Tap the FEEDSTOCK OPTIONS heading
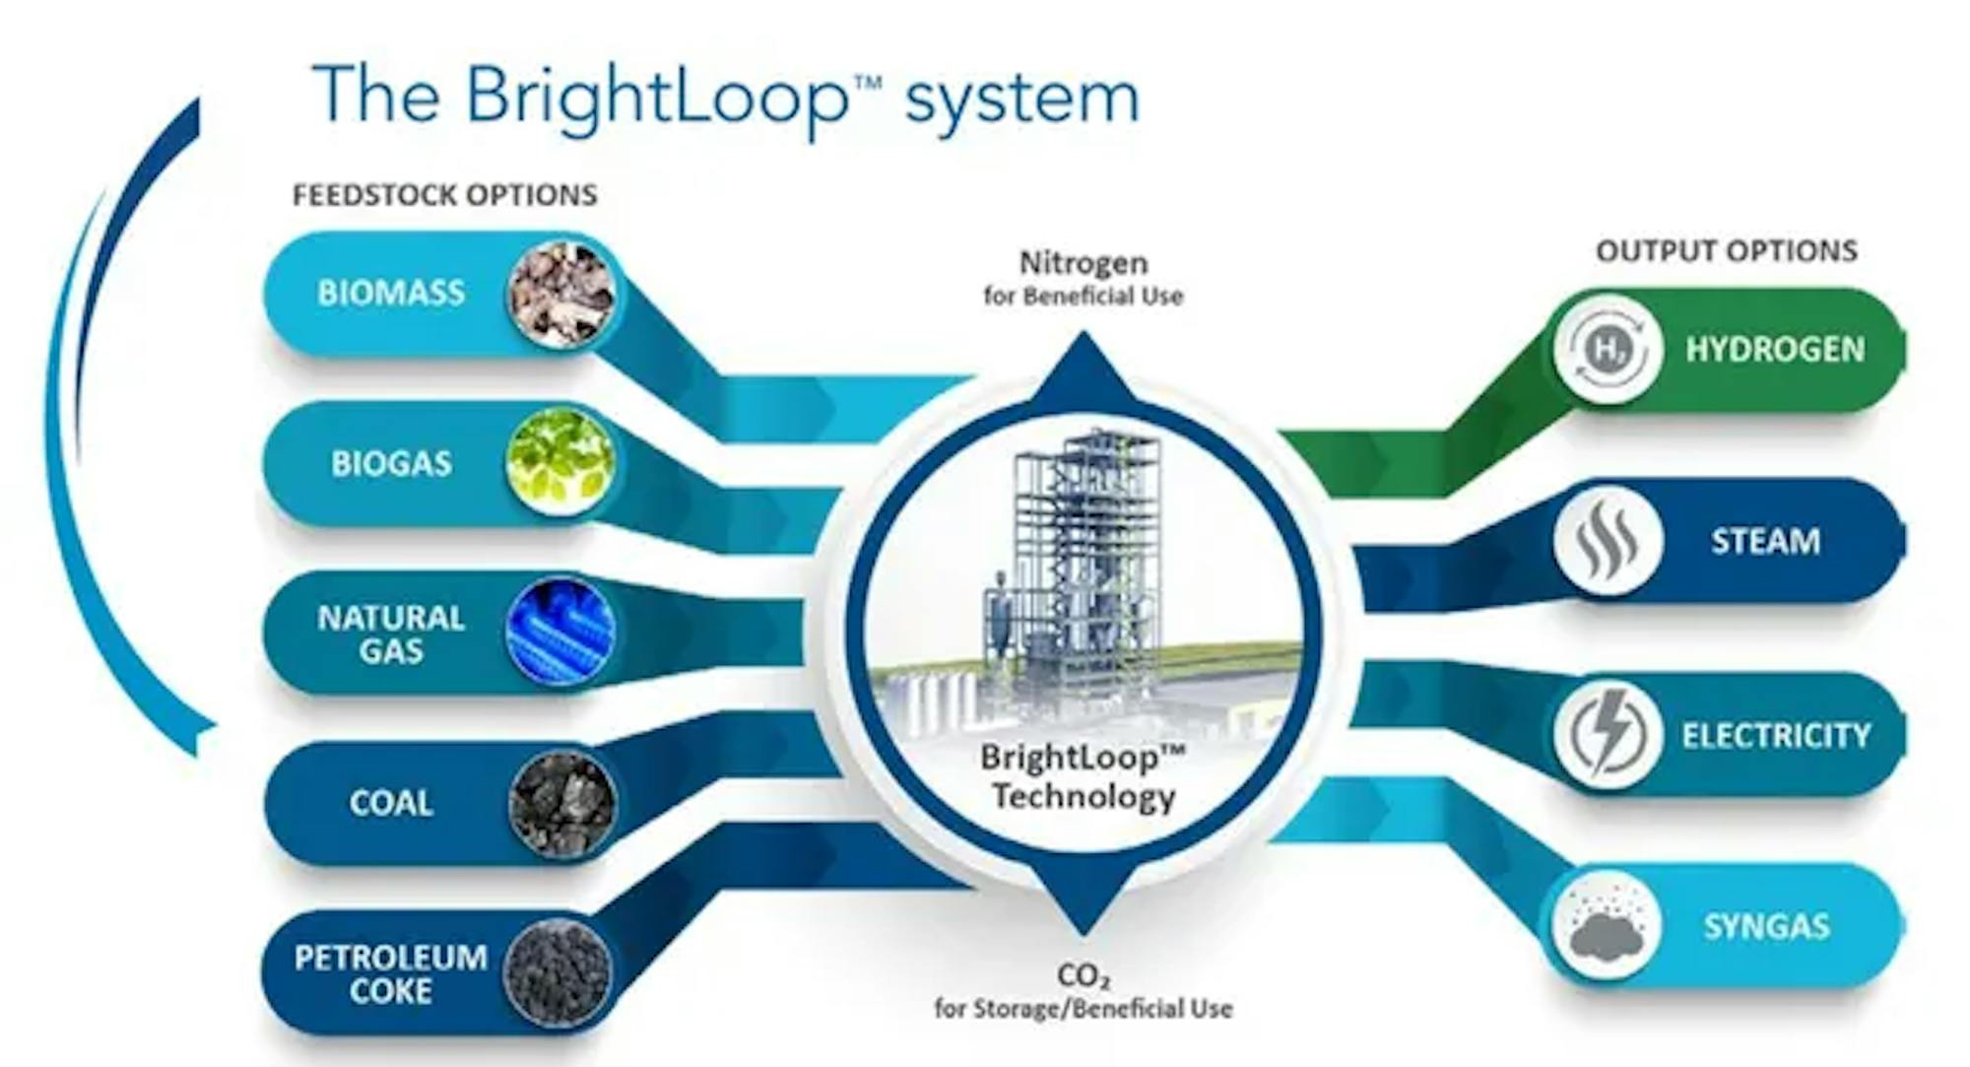(445, 195)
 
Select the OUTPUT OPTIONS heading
(1727, 251)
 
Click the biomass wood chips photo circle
(561, 294)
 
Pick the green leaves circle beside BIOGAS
(560, 461)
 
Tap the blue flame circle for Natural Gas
(560, 632)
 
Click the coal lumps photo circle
(562, 804)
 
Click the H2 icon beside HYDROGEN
(1608, 349)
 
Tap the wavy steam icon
(1608, 541)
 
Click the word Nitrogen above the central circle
(1083, 263)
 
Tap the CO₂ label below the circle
(1083, 976)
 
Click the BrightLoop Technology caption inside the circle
(1083, 777)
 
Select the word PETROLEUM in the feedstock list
(391, 958)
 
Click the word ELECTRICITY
(1776, 735)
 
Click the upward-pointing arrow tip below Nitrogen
(1083, 333)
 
